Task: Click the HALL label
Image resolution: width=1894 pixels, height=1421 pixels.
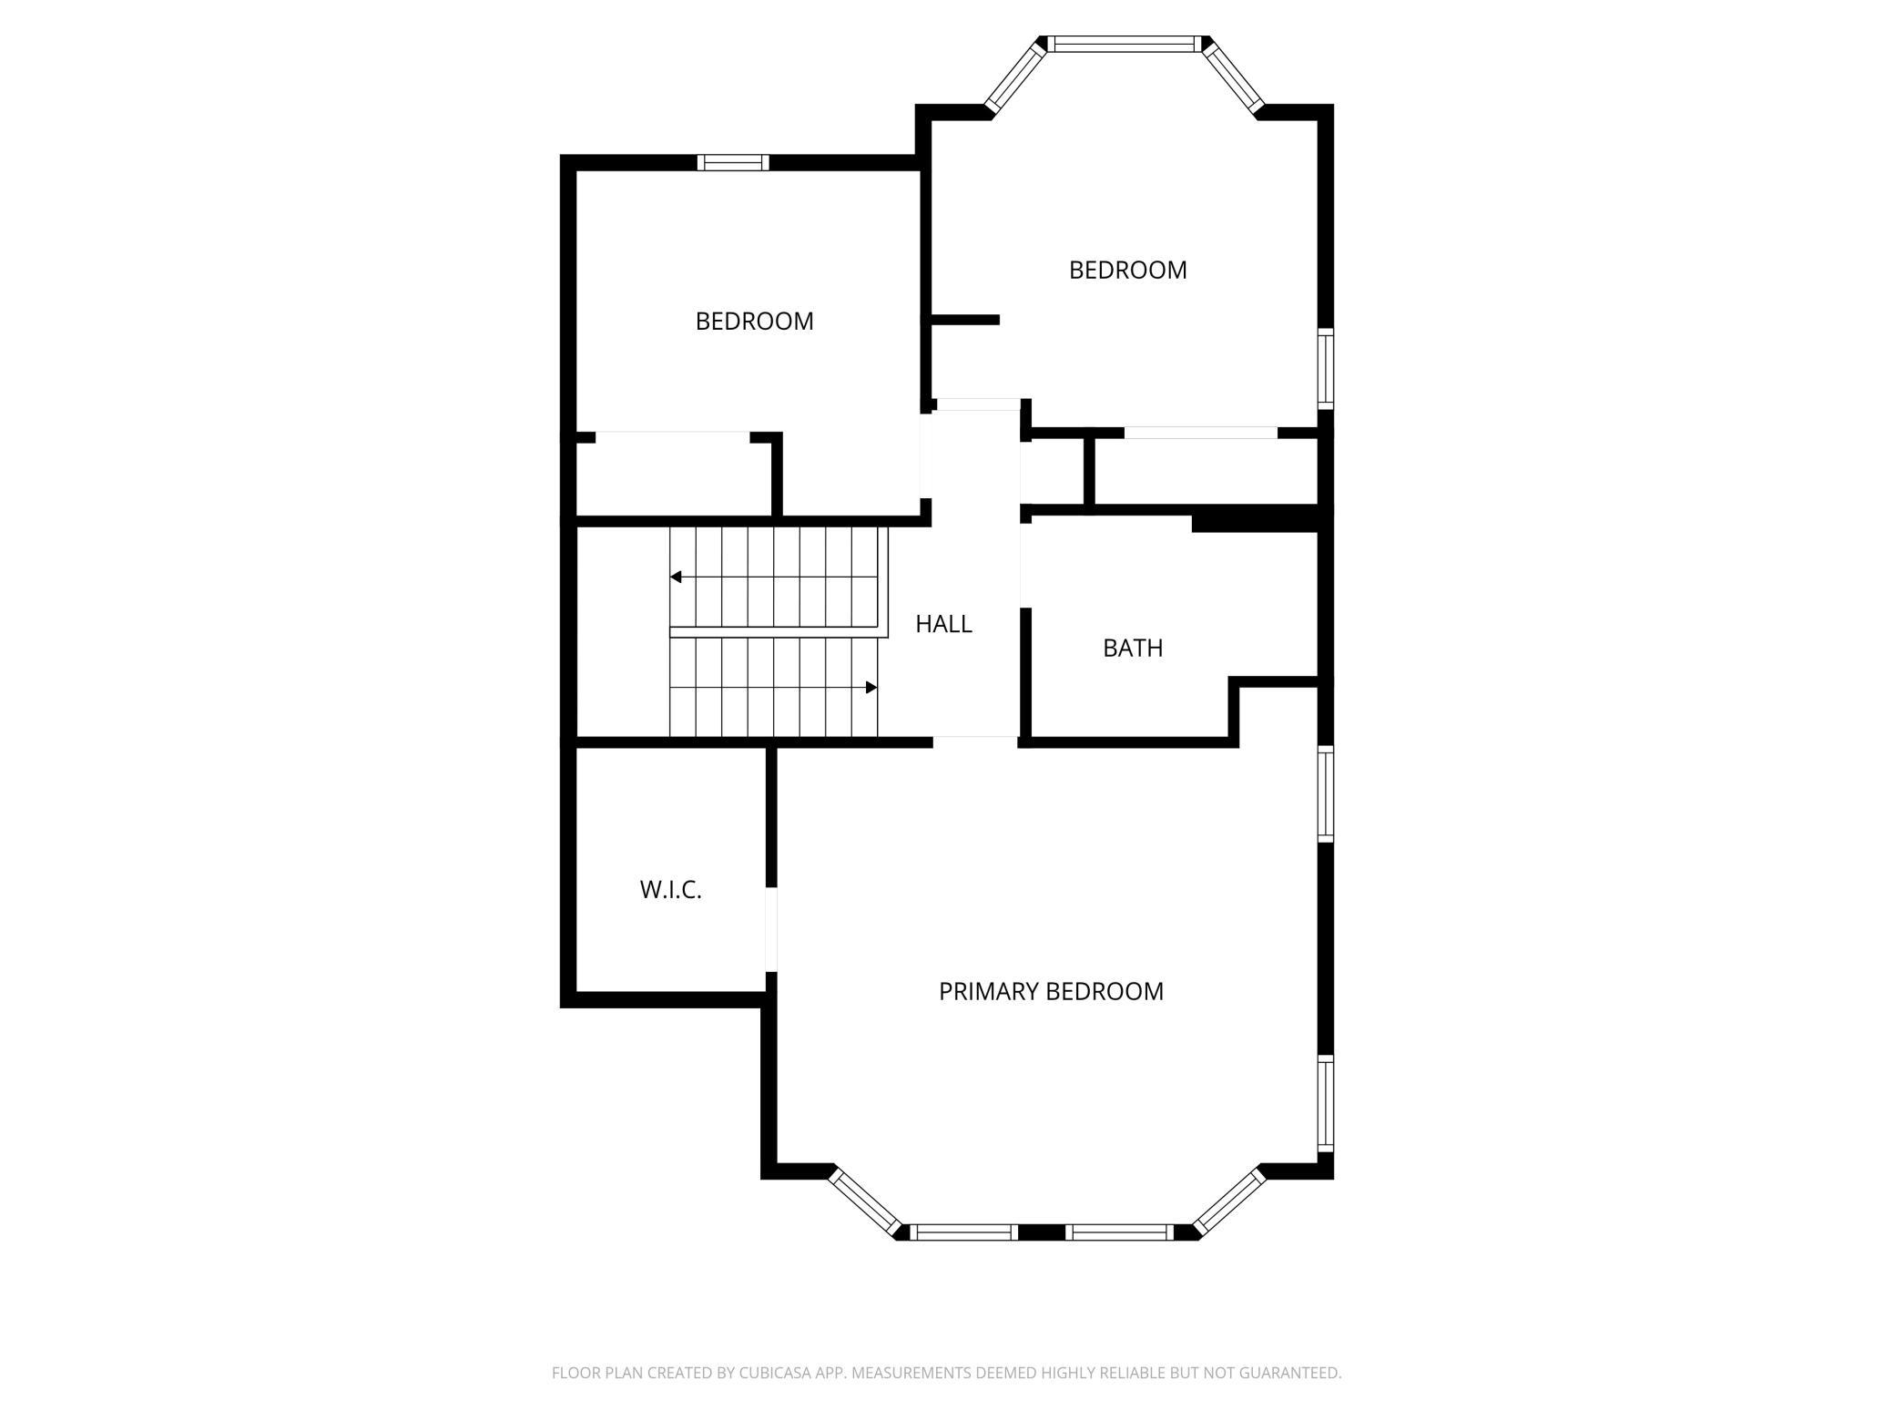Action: coord(943,624)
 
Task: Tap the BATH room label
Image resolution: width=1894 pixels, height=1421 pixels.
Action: coord(1133,648)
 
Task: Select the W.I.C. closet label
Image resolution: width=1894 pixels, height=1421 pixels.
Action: coord(670,890)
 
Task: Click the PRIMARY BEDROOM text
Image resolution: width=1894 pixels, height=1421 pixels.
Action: coord(1051,991)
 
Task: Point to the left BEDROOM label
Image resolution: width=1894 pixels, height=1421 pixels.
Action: coord(754,322)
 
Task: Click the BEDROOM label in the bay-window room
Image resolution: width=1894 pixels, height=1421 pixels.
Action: coord(1127,271)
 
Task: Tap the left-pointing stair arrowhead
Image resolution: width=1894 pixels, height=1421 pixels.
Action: coord(676,577)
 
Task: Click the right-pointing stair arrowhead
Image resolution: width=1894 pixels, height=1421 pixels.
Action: coord(871,687)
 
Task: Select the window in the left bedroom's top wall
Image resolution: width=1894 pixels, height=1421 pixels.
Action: coord(733,163)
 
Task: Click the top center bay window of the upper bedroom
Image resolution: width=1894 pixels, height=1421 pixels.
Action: coord(1122,44)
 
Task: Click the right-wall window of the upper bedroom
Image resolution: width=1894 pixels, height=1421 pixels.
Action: coord(1326,368)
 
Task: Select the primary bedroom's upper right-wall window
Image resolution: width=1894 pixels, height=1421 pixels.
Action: coord(1326,792)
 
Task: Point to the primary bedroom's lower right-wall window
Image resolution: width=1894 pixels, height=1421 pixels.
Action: coord(1326,1102)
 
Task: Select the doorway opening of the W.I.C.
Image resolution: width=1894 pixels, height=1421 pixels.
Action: coord(771,929)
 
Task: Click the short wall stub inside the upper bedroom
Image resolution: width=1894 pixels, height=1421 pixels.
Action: coord(965,320)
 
